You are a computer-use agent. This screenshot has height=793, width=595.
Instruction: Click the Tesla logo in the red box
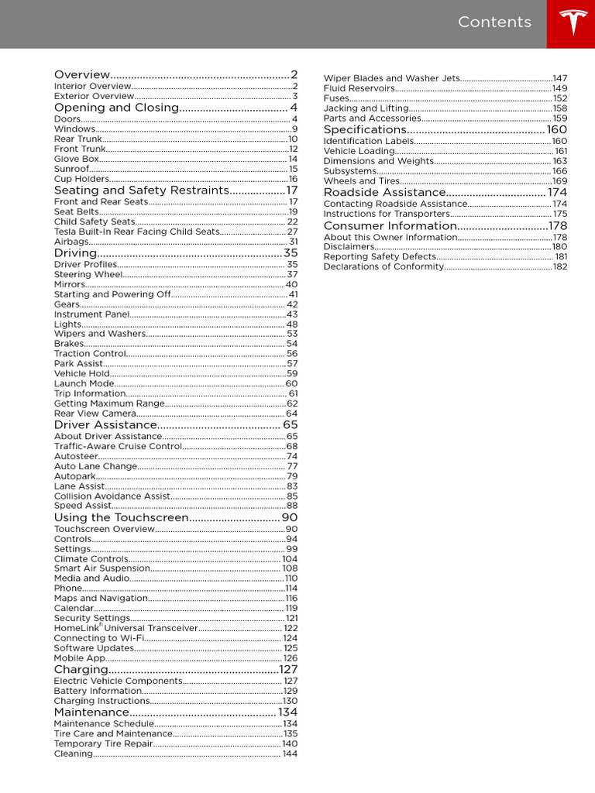tap(571, 23)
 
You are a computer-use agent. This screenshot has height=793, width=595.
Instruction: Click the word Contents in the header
tap(494, 22)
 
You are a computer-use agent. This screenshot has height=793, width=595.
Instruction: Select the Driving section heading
tap(76, 253)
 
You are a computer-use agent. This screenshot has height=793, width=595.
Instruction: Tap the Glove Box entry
tap(77, 159)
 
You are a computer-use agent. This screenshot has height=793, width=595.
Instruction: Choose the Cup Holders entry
tap(81, 179)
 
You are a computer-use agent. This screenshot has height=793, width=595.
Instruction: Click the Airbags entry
tap(71, 242)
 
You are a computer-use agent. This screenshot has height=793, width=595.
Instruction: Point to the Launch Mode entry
tap(84, 383)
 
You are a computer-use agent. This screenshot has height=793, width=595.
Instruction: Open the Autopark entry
tap(74, 476)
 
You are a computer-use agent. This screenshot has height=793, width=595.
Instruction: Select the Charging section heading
tap(81, 669)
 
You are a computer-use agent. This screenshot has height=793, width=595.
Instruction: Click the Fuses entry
tap(336, 98)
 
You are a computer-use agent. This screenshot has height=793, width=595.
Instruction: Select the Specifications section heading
tap(365, 130)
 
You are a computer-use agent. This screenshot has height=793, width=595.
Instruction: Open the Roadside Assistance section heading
tap(384, 192)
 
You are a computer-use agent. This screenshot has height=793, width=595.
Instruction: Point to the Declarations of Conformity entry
tap(383, 266)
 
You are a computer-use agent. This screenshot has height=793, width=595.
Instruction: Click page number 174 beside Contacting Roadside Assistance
tap(559, 204)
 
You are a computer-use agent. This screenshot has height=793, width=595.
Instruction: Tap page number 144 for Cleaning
tap(290, 754)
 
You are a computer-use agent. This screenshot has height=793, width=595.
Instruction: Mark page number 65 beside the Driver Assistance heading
tap(290, 425)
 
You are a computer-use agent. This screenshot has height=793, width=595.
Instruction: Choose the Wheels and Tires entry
tap(362, 181)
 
